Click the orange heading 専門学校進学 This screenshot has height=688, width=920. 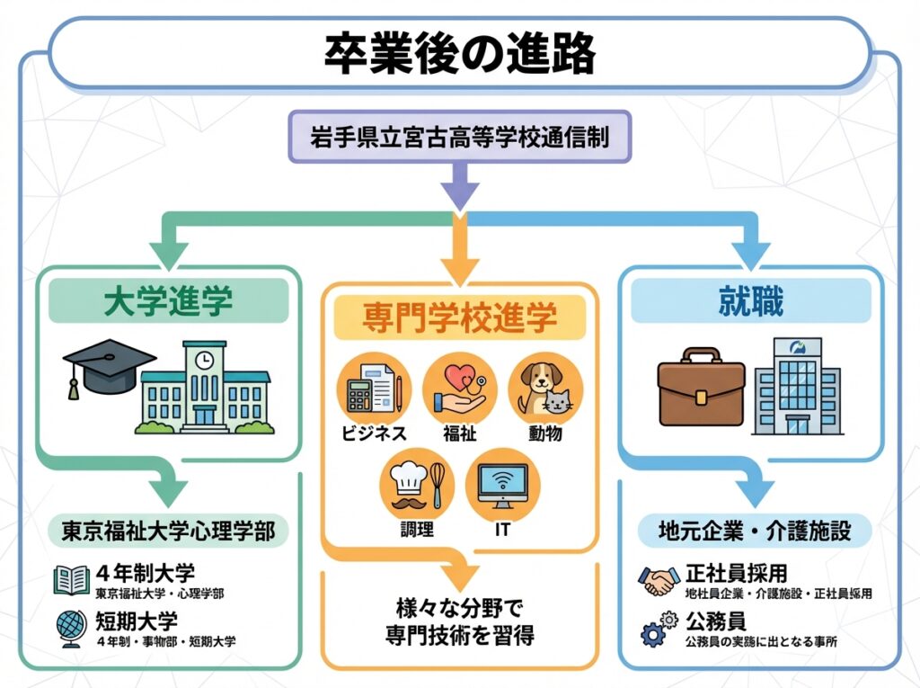(459, 317)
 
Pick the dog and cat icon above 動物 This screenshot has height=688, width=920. (545, 389)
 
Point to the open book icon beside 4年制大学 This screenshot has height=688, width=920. (71, 580)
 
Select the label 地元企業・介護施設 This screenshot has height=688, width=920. (756, 531)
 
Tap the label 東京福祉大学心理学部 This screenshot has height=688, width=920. (168, 531)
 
